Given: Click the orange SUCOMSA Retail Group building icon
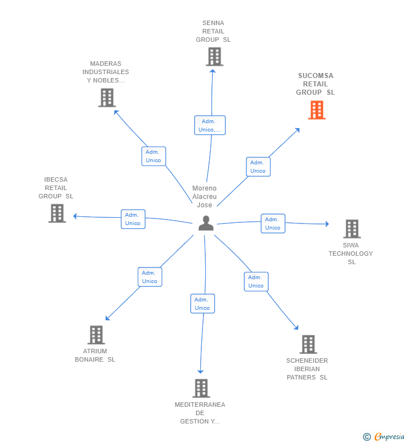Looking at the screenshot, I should tap(317, 110).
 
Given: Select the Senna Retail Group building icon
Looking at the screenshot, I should tap(214, 57).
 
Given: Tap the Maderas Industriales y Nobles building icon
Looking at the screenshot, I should tap(107, 98).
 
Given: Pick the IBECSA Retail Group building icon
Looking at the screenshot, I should tap(57, 213).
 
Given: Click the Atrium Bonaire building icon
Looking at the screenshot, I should tap(96, 335).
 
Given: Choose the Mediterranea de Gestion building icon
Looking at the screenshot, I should tap(201, 388).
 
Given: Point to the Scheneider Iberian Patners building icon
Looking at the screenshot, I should tap(308, 344).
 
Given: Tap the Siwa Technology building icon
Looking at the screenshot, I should tap(351, 228).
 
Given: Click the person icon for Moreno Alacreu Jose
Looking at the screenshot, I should tap(206, 223).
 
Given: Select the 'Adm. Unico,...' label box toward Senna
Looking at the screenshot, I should tap(210, 125).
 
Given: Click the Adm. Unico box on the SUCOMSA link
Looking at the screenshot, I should tap(258, 167).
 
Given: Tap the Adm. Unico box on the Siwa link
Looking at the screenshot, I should tap(273, 223).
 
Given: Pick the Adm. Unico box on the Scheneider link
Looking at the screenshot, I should tap(256, 281).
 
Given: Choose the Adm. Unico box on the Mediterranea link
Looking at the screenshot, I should tap(202, 304).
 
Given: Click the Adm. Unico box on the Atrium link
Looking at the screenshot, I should tap(150, 277).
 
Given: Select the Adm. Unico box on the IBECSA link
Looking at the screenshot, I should tap(133, 219).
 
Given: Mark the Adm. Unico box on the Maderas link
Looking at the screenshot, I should tap(153, 156).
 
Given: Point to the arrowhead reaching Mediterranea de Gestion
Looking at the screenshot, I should tap(201, 371).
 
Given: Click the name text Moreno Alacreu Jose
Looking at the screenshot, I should tap(204, 197).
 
